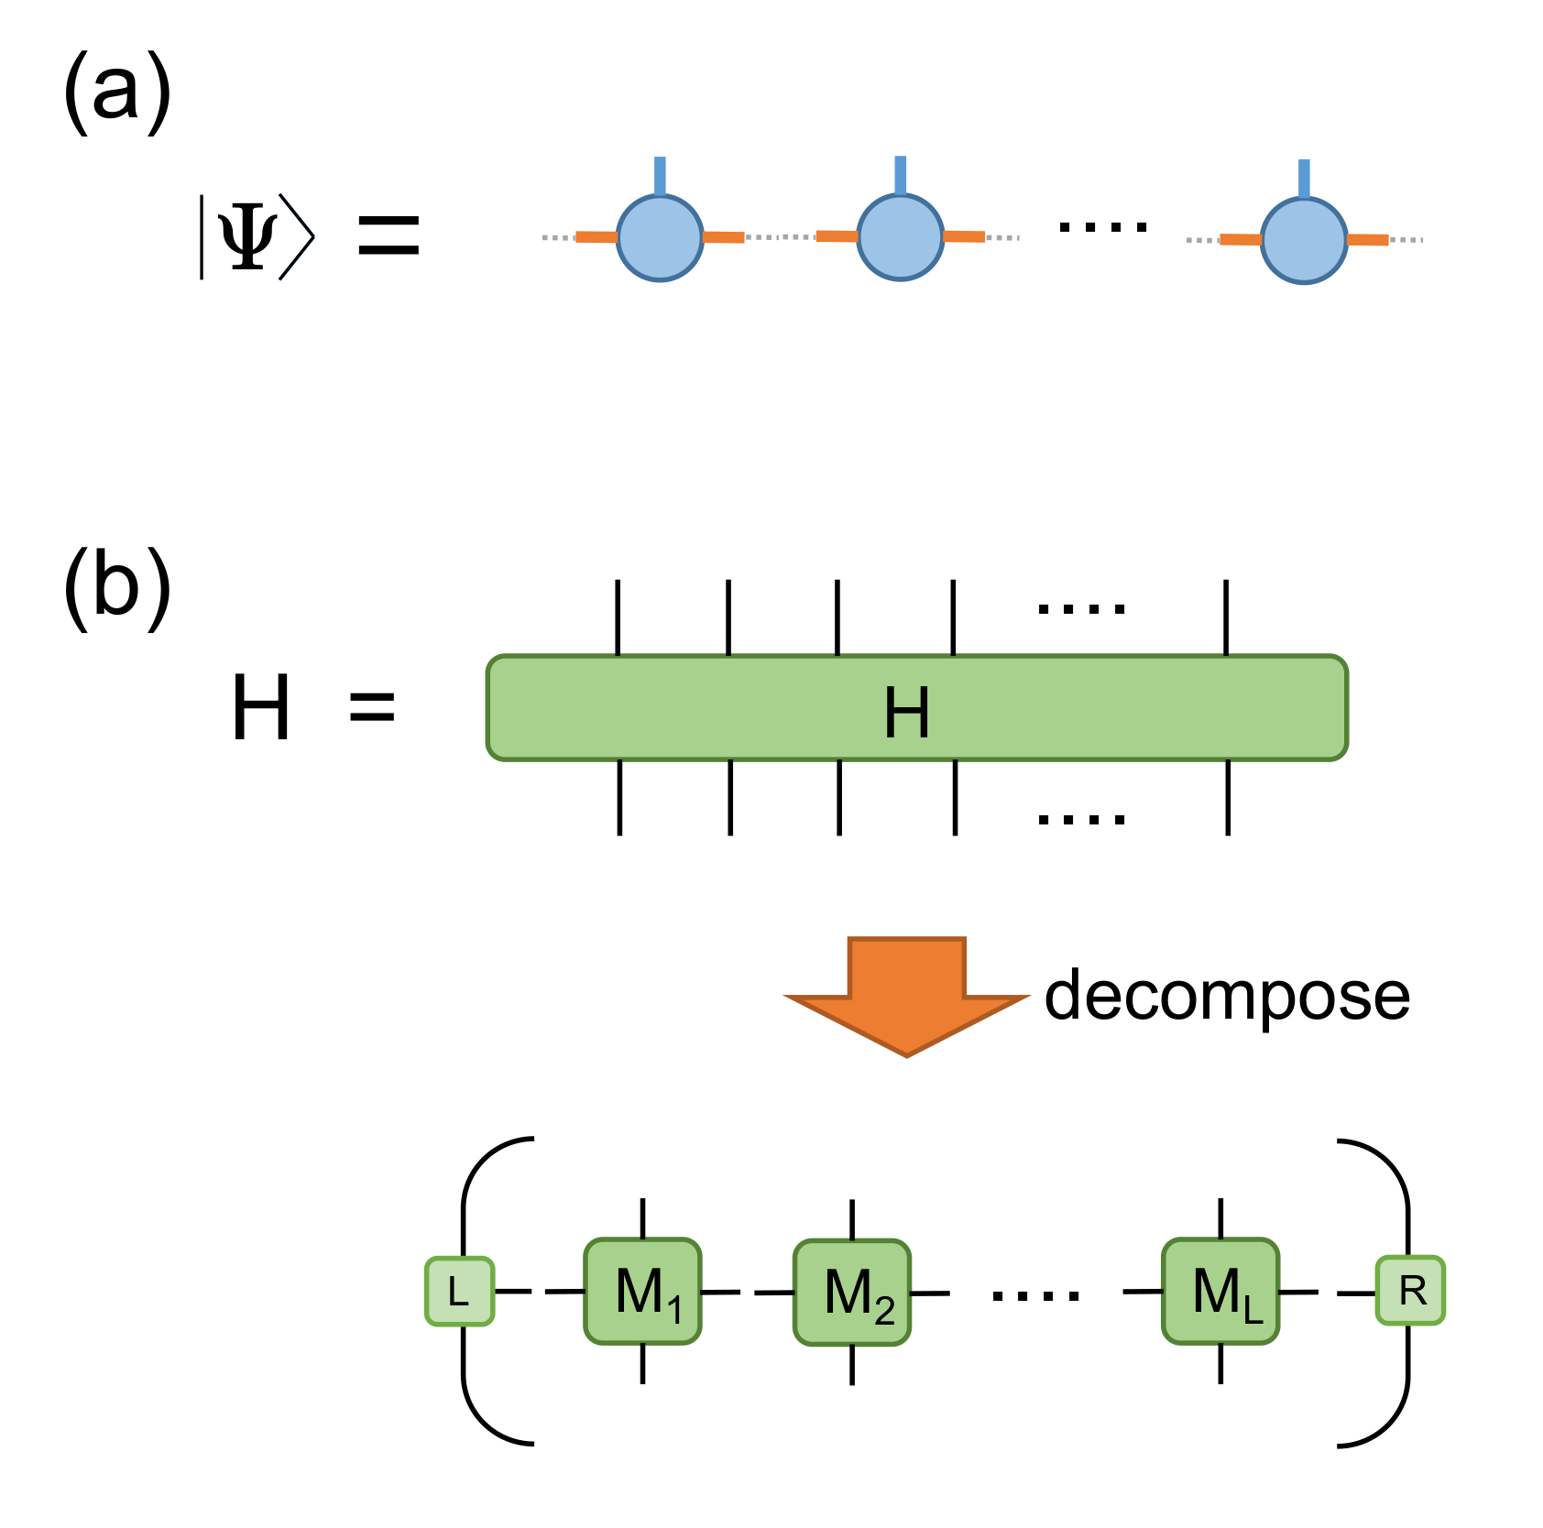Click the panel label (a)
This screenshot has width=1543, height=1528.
coord(117,92)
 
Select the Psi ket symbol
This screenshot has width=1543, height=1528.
coord(257,236)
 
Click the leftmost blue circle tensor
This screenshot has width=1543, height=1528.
coord(660,238)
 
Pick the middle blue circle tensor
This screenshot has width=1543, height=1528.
coord(900,238)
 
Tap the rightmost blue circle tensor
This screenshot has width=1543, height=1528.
coord(1304,240)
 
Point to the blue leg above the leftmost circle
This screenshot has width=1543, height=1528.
coord(660,176)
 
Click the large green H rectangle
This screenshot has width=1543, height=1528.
coord(916,708)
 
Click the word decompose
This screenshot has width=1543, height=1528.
coord(1226,996)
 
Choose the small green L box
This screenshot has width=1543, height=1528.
coord(460,1292)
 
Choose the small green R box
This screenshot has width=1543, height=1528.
coord(1411,1291)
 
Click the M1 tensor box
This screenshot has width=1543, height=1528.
coord(643,1292)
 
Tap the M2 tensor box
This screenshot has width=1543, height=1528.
coord(852,1293)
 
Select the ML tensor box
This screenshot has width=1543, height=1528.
coord(1220,1292)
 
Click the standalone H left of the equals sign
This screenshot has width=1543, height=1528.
coord(261,707)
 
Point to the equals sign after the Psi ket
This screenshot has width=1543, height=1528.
coord(388,235)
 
